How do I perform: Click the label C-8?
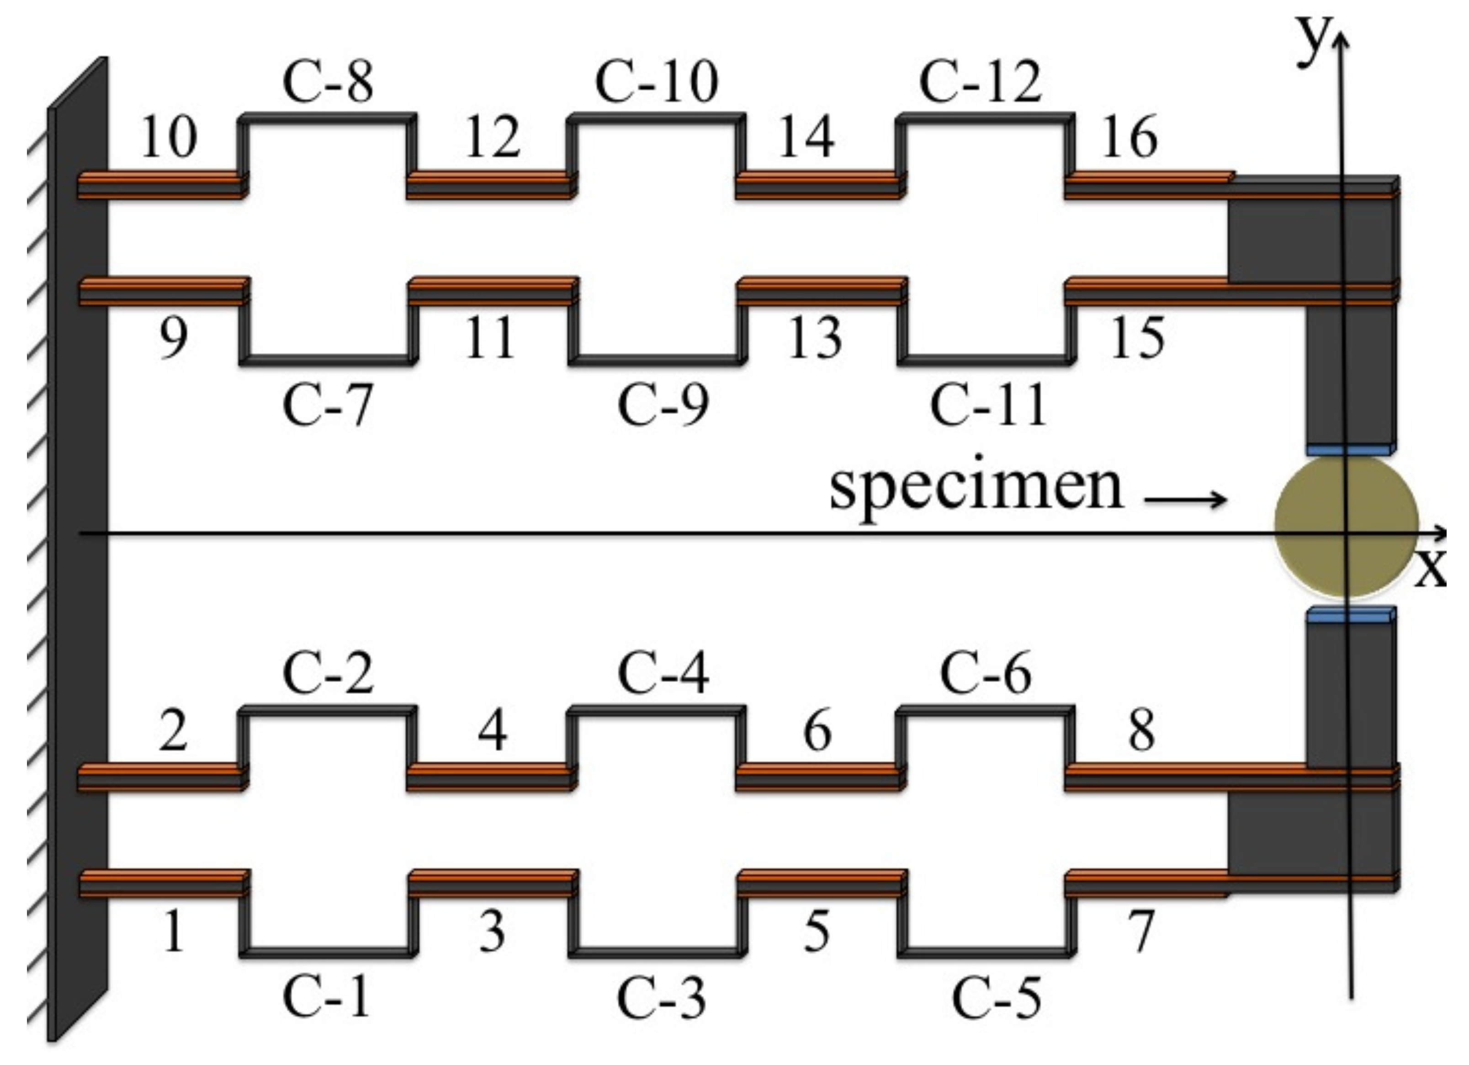coord(328,83)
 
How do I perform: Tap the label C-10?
coord(656,82)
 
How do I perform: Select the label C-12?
coord(980,82)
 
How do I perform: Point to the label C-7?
coord(328,405)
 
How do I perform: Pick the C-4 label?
coord(663,673)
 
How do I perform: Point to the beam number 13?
coord(814,338)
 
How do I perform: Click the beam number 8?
coord(1141,730)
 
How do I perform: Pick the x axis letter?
coord(1430,568)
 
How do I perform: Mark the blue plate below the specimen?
coord(1350,615)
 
